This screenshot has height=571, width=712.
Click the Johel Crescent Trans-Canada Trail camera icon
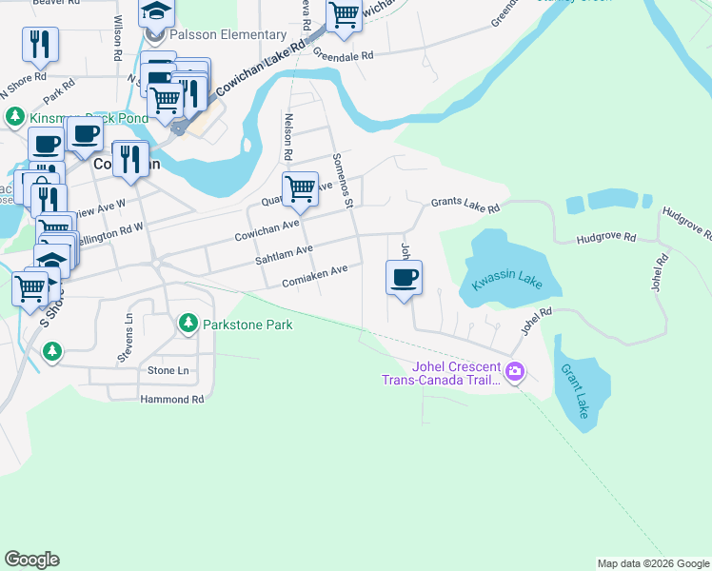[x=515, y=371]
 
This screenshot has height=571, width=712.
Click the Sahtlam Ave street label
[x=284, y=252]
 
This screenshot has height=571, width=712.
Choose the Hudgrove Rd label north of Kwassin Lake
[x=605, y=237]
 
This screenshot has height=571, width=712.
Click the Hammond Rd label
[x=171, y=400]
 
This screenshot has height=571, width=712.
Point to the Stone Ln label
[x=168, y=370]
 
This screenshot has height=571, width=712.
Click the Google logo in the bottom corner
[x=31, y=560]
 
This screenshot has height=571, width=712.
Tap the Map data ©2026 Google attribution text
[x=652, y=563]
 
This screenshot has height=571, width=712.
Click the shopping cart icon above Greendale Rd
[x=344, y=15]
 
